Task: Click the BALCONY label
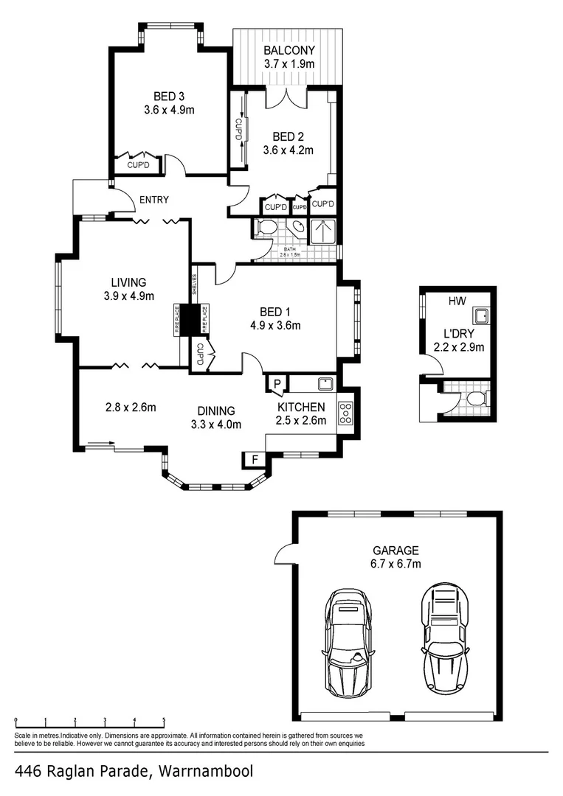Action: [x=289, y=51]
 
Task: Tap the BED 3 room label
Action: [x=169, y=97]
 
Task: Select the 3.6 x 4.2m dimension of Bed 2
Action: [x=289, y=150]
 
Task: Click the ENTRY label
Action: [x=153, y=200]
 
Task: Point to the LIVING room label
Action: [x=128, y=282]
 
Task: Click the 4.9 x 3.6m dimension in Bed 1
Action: [x=275, y=325]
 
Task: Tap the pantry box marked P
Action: [x=277, y=383]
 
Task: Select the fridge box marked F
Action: [x=255, y=459]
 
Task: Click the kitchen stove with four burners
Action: [x=345, y=413]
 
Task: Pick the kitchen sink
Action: [x=325, y=383]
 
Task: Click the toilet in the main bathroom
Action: [x=266, y=228]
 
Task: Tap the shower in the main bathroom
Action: [x=323, y=231]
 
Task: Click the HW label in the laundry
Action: [x=455, y=301]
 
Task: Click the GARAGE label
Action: [x=396, y=551]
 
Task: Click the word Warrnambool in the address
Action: [x=203, y=772]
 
